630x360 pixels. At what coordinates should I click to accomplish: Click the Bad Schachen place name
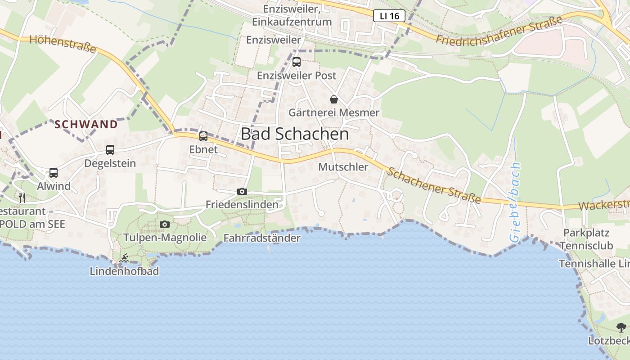click(295, 134)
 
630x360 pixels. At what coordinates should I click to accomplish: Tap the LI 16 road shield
click(389, 16)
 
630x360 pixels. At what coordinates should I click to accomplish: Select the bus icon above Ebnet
click(203, 136)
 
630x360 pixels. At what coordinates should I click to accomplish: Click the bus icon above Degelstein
click(110, 150)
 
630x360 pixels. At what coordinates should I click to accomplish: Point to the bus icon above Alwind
click(54, 172)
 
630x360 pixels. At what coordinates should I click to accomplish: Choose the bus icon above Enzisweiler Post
click(297, 62)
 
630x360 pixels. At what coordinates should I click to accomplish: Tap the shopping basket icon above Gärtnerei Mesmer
click(334, 99)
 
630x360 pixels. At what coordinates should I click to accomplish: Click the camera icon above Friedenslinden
click(242, 191)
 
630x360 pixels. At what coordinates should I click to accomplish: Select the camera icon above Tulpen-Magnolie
click(165, 224)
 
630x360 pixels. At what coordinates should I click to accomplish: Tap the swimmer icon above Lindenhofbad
click(125, 258)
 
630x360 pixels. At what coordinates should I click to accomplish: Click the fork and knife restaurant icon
click(22, 197)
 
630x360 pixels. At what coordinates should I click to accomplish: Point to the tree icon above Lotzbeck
click(621, 327)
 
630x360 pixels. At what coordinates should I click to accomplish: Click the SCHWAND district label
click(86, 124)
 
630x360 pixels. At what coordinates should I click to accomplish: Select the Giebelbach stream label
click(516, 202)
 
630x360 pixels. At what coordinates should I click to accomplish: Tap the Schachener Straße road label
click(434, 185)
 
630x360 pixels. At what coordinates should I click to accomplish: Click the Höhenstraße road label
click(63, 43)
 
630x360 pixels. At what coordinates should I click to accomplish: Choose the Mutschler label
click(343, 167)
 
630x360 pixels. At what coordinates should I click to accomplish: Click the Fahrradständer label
click(262, 238)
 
